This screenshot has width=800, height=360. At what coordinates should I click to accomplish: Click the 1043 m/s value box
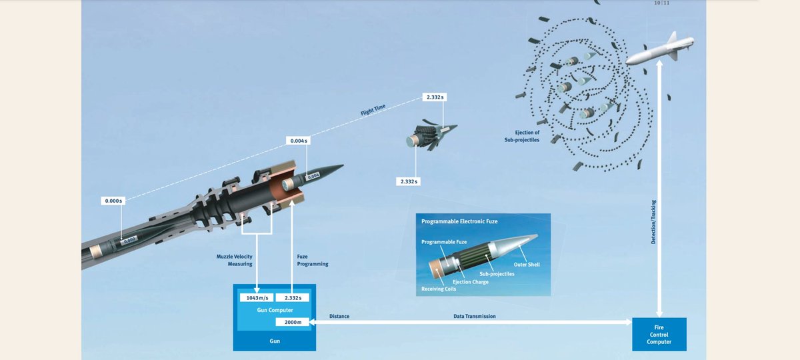tap(255, 297)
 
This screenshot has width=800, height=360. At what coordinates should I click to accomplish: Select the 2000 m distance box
tap(292, 323)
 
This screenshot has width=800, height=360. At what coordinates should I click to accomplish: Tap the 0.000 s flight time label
tap(113, 201)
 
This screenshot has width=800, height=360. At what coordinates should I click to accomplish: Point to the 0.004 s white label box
tap(297, 141)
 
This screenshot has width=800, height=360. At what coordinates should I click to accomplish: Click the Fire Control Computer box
tap(659, 334)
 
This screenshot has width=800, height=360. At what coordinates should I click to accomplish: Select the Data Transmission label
tap(474, 316)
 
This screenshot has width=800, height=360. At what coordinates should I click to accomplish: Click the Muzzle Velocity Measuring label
tap(234, 260)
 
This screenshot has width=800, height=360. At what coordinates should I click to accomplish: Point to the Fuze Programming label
tap(312, 260)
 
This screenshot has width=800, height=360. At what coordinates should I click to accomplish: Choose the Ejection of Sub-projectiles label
tap(522, 136)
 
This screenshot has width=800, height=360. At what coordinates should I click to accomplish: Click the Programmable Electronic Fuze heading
tap(459, 220)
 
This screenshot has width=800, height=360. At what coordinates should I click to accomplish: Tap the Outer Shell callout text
tap(526, 264)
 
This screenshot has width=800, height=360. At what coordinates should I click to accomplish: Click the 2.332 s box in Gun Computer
tap(292, 297)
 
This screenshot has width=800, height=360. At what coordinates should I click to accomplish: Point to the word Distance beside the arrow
tap(339, 316)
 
